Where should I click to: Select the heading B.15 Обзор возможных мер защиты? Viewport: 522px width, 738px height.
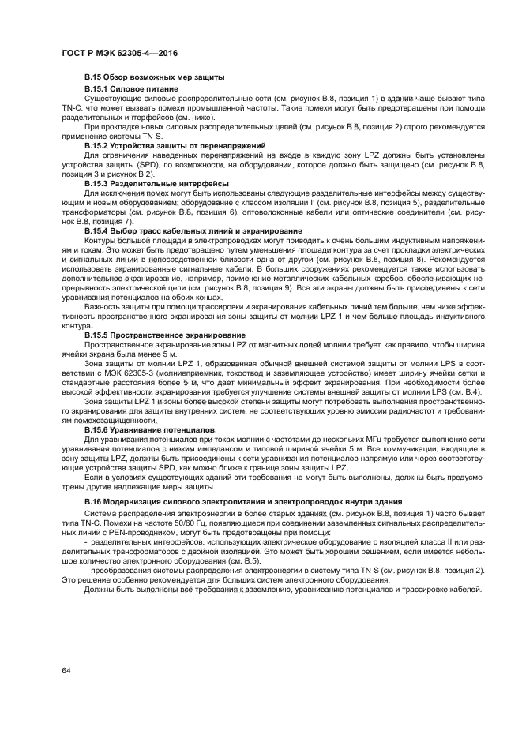click(x=154, y=77)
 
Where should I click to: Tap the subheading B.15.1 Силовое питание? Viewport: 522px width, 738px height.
click(x=131, y=88)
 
